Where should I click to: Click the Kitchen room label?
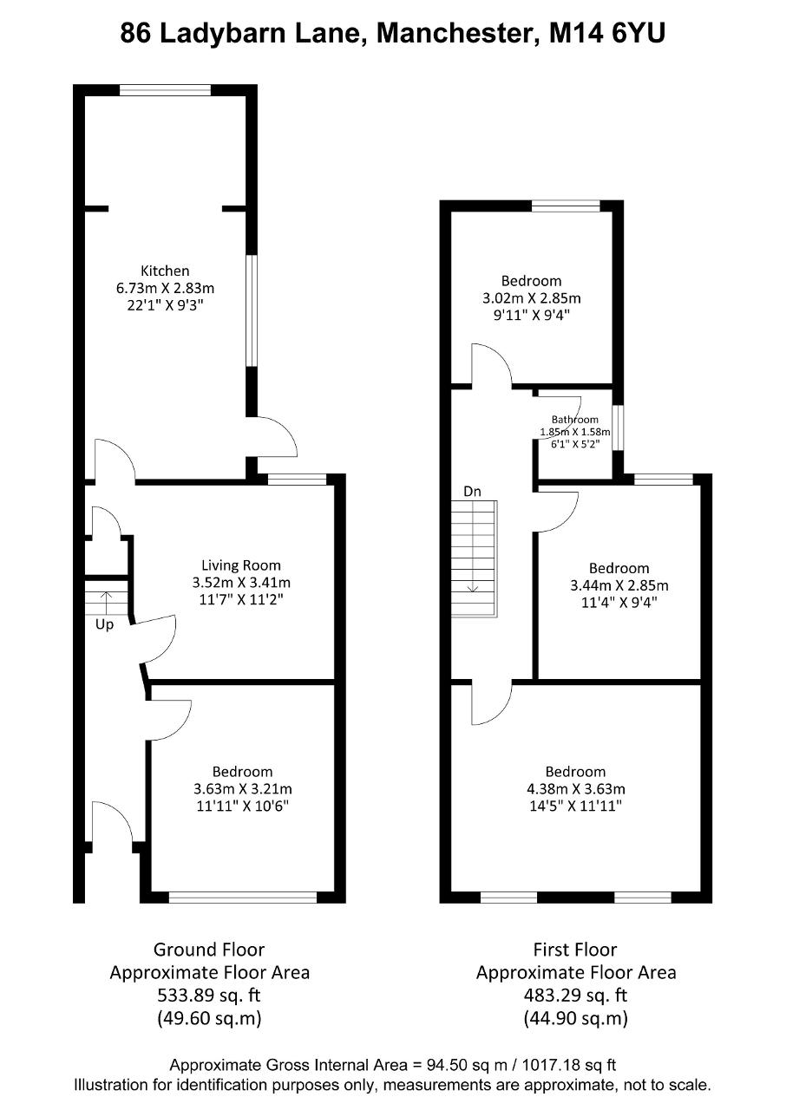(x=165, y=271)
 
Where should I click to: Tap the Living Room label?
(x=241, y=565)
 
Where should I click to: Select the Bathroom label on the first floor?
(x=575, y=419)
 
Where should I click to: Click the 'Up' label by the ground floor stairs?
(x=105, y=624)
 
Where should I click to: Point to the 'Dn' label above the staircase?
(x=472, y=491)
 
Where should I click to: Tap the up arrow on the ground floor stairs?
(x=106, y=603)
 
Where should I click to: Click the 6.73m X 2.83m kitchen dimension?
(x=165, y=288)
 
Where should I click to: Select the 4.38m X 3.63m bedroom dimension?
(x=576, y=788)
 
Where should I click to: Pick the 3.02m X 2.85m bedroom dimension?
(x=532, y=298)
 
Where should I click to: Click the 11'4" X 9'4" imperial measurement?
(x=619, y=603)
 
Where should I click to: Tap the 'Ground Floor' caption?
(x=209, y=950)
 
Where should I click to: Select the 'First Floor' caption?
(x=575, y=950)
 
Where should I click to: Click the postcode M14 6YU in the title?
(x=607, y=34)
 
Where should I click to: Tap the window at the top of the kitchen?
(x=165, y=90)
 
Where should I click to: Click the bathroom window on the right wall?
(x=618, y=428)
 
